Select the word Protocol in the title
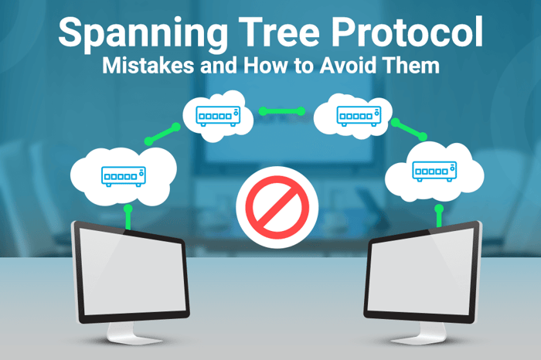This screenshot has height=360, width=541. pos(407,35)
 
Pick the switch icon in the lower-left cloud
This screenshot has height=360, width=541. pos(124,175)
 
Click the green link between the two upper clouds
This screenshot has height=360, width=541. pos(283,111)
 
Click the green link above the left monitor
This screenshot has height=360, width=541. pos(128,216)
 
